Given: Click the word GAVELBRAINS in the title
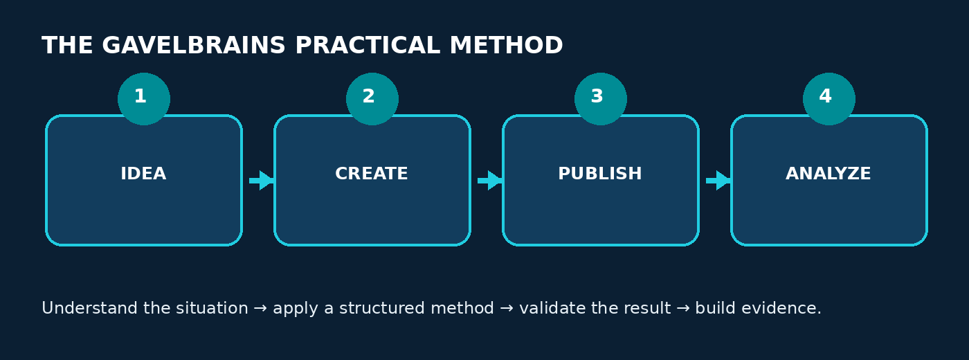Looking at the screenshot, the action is [x=193, y=46].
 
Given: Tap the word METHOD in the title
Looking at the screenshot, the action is [x=506, y=46].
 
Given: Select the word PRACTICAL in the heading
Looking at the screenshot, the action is [x=368, y=46].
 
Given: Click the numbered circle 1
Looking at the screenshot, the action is [x=144, y=99].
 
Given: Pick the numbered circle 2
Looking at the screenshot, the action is [x=372, y=99].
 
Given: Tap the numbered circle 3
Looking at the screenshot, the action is [x=601, y=99].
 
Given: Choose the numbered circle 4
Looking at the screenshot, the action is [x=829, y=99].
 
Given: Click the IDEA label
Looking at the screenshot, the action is [x=143, y=174].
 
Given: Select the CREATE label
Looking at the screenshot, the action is [x=372, y=174].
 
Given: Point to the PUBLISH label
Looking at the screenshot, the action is [x=600, y=174].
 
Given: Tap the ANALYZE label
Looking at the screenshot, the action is [x=828, y=174].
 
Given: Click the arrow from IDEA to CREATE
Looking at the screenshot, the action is [x=262, y=181].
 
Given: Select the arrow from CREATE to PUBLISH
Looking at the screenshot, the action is [x=490, y=181].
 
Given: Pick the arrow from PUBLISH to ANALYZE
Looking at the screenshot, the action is [x=718, y=181].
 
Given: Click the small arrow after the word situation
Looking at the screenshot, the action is [x=260, y=309].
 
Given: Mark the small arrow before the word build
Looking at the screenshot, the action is [x=683, y=309].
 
